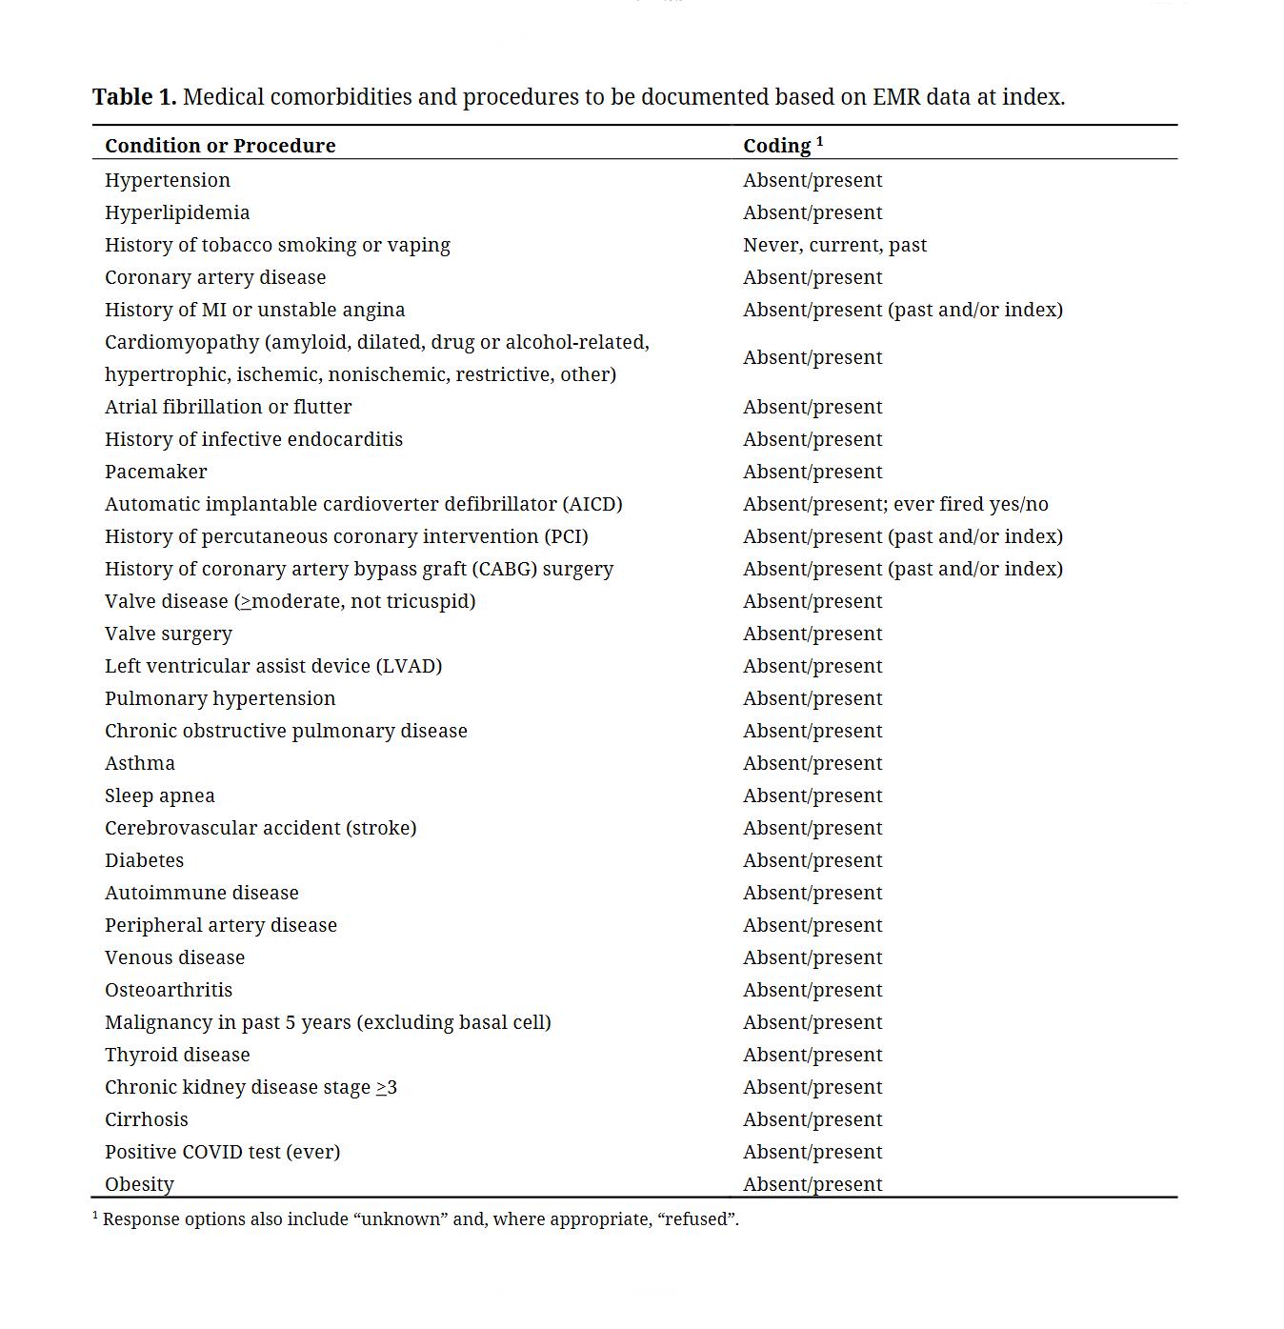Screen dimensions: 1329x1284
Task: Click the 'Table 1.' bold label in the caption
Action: [133, 97]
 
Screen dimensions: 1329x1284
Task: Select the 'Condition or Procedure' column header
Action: [220, 146]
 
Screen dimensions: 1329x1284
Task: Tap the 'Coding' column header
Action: [776, 146]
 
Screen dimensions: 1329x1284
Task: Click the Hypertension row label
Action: [168, 180]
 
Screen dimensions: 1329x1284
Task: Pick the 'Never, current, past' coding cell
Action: [834, 245]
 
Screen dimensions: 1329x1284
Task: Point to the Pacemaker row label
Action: [155, 472]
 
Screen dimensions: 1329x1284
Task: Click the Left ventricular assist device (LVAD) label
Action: [273, 666]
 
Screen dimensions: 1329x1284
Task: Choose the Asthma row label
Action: [140, 763]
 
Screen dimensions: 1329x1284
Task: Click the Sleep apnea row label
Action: [160, 795]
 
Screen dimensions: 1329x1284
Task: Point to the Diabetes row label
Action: [144, 860]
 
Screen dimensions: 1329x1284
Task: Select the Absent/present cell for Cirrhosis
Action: [813, 1119]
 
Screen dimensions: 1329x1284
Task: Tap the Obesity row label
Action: [139, 1184]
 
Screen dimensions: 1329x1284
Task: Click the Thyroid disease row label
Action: [177, 1055]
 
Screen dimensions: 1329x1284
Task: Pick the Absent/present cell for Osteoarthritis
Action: [813, 990]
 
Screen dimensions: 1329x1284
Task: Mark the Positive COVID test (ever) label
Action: [222, 1152]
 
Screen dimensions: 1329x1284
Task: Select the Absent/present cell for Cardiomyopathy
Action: [813, 357]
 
